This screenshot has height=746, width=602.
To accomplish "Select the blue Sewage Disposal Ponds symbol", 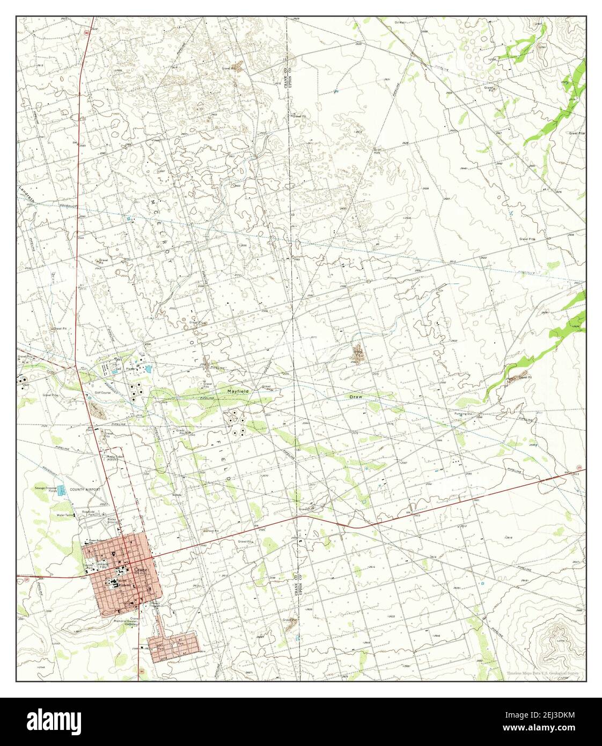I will tap(62, 489).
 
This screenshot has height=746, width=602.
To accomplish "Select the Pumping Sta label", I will tap(462, 414).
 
